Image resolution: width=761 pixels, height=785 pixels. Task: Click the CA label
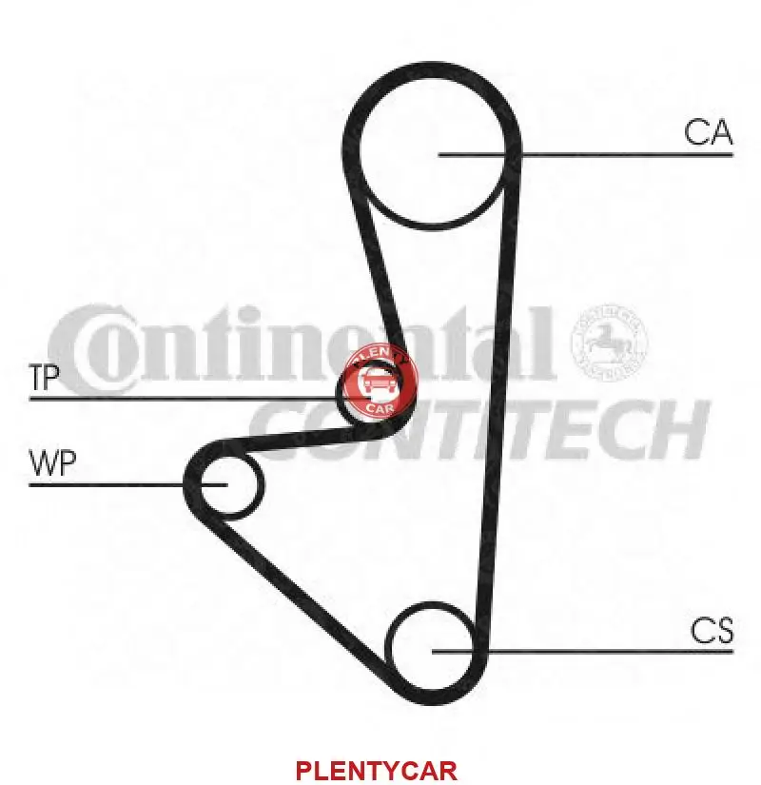tap(709, 132)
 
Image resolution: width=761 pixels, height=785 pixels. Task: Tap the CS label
tap(712, 631)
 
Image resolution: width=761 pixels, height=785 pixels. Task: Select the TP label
tap(45, 379)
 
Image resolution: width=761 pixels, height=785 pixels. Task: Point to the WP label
tap(53, 464)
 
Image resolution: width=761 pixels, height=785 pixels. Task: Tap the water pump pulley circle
tap(226, 485)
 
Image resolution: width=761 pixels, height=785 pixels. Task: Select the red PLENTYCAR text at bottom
tap(377, 769)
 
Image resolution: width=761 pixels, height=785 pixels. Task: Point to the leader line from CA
tap(618, 153)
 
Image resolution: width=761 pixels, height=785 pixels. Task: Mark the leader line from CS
tap(609, 651)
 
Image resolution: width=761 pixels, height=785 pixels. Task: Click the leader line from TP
tap(181, 398)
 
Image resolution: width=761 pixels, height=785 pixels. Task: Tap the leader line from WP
tap(105, 484)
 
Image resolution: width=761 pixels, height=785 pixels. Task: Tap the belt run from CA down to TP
tap(377, 266)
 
